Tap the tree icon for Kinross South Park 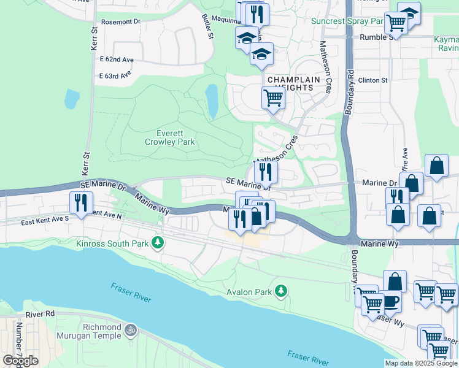click(159, 243)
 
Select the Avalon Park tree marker click(281, 290)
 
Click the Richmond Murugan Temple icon click(130, 331)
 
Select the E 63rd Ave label click(115, 75)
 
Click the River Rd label click(40, 313)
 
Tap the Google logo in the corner click(20, 361)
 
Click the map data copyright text click(421, 363)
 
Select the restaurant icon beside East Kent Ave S click(81, 202)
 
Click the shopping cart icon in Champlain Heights click(272, 98)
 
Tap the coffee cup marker click(390, 302)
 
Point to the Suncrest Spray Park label click(347, 21)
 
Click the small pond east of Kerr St click(72, 98)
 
